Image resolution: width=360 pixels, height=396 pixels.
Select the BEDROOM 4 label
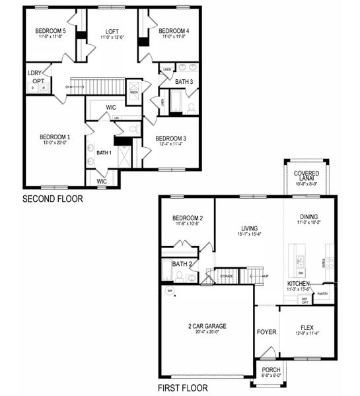pos(174,30)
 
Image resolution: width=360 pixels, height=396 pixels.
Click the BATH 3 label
pos(184,82)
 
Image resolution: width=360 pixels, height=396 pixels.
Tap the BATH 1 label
pos(104,152)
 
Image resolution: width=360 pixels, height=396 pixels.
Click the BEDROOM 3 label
pos(170,138)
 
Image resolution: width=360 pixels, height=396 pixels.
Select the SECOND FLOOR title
pos(53,198)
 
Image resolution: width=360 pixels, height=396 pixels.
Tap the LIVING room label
pos(248,226)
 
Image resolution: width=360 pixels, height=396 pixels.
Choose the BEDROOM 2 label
pos(187,218)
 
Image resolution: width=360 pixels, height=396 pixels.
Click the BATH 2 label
pos(182,264)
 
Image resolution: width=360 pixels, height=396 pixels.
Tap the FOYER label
pos(266,333)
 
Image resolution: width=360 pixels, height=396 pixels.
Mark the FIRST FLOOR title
pos(182,388)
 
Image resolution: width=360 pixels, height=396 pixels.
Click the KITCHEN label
pos(299,282)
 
